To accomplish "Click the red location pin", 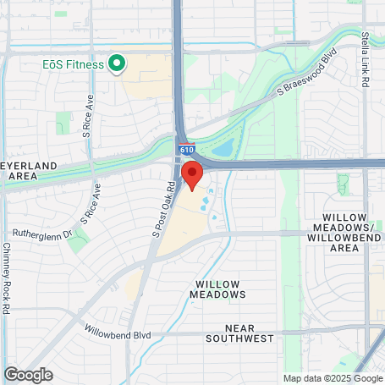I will [192, 175].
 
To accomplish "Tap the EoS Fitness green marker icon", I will [117, 63].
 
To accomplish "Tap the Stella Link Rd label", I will [366, 60].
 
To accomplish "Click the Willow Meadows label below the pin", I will [218, 289].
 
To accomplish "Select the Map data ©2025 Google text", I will [332, 378].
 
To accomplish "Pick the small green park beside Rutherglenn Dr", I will [79, 242].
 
